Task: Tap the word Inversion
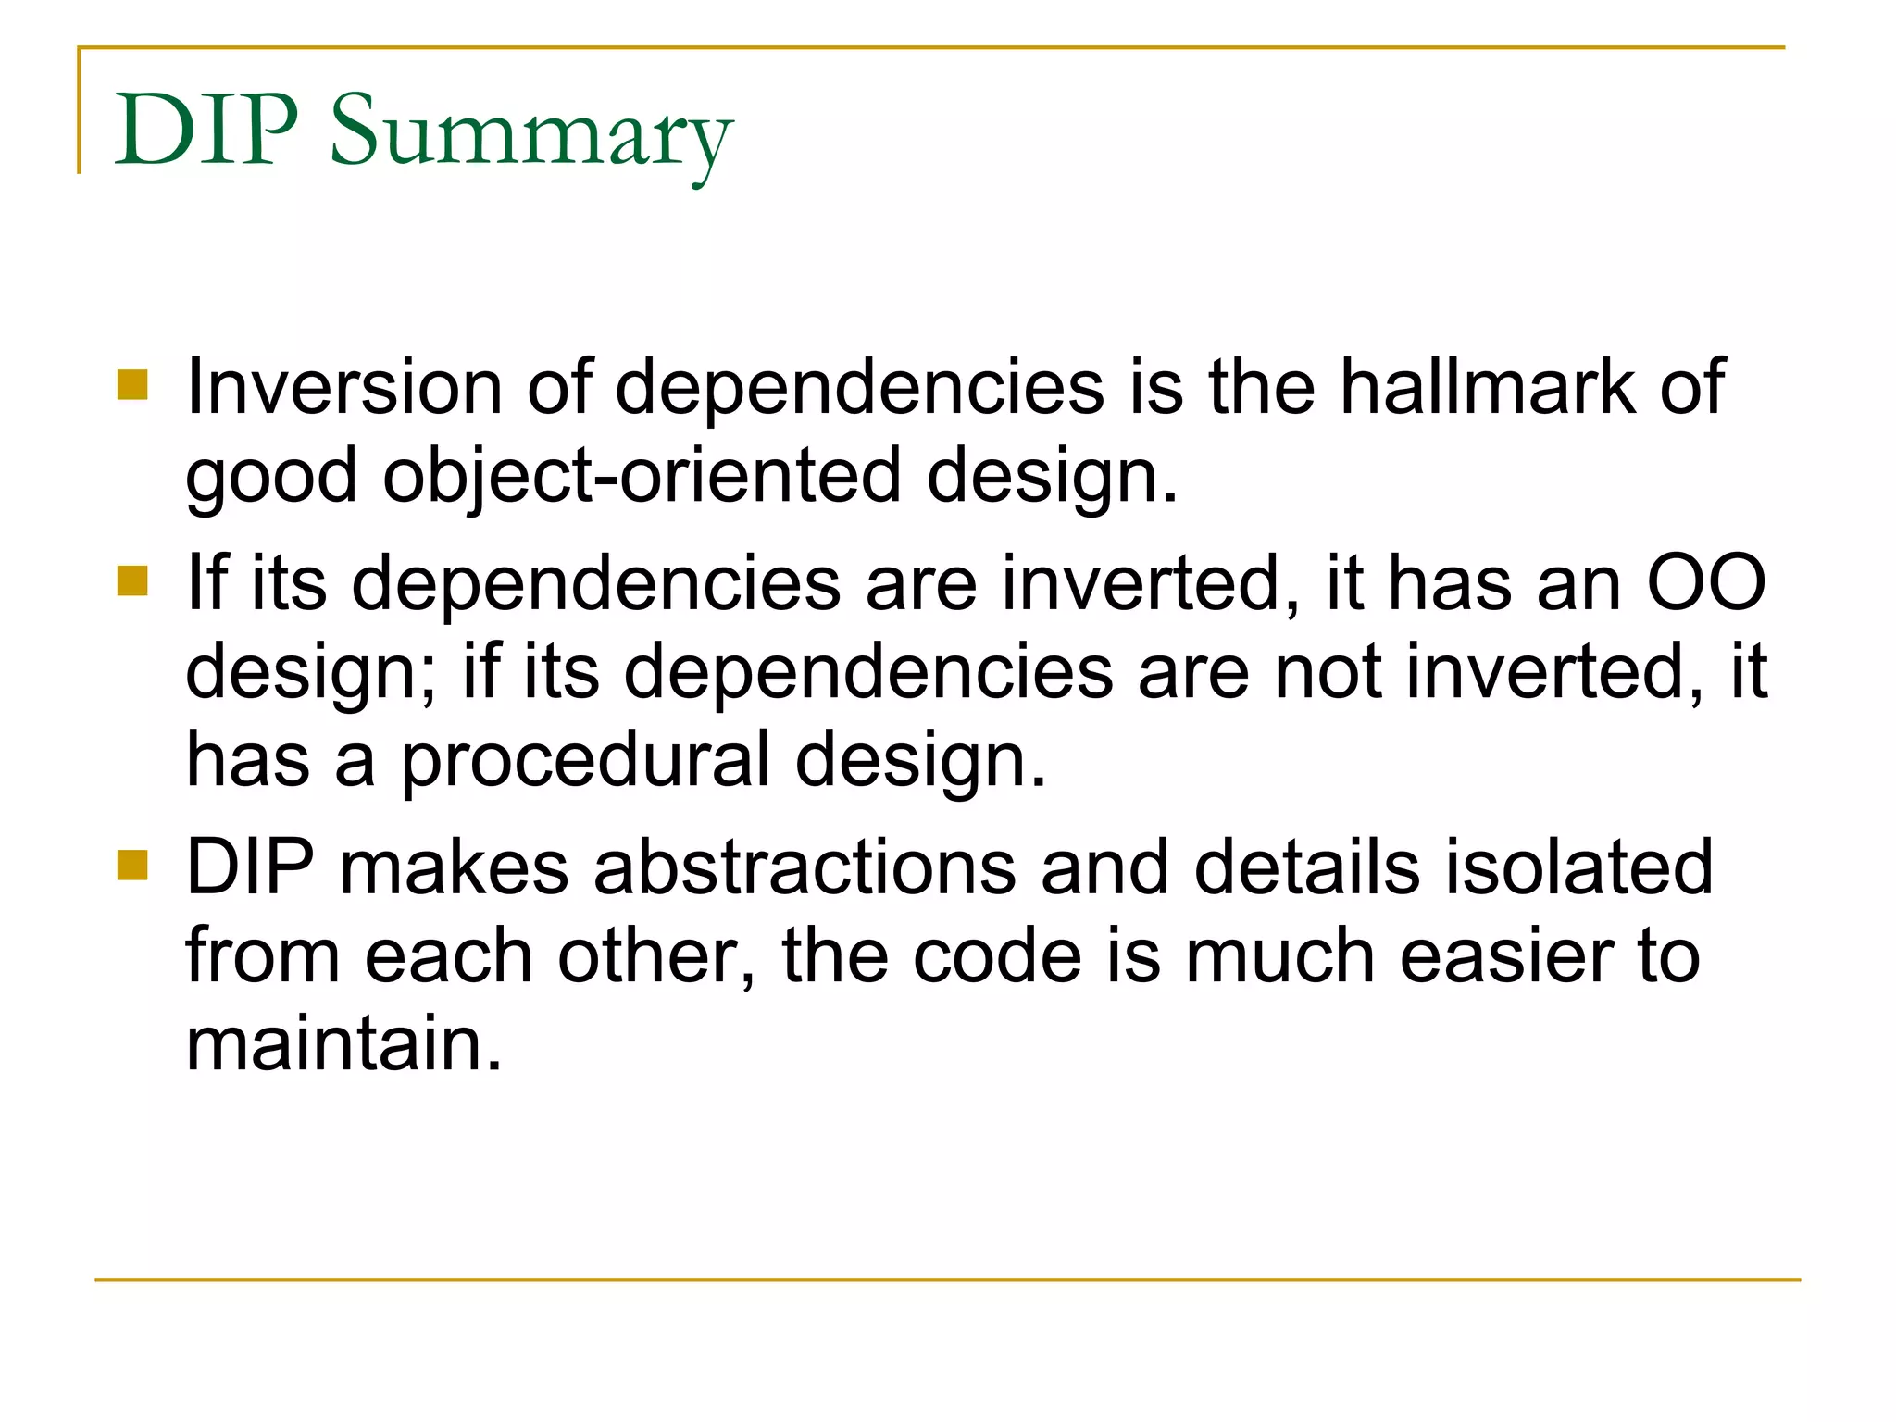coord(343,387)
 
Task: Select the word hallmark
coord(1488,387)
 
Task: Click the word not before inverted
coord(1328,673)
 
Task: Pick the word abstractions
coord(805,868)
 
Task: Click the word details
coord(1306,868)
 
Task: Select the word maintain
coord(343,1044)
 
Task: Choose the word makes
coord(454,868)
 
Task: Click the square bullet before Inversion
coord(133,385)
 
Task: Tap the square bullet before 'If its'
coord(133,582)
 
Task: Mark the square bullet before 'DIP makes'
coord(133,866)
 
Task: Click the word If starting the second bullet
coord(206,583)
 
